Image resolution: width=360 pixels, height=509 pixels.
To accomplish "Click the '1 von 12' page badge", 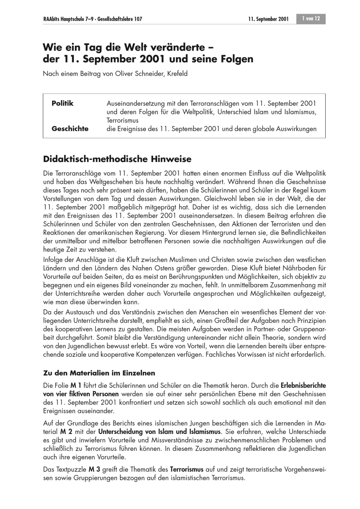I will coord(311,19).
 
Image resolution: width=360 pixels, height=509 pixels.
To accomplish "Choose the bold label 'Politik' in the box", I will coord(62,103).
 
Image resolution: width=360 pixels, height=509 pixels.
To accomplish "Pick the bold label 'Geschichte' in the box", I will coord(70,129).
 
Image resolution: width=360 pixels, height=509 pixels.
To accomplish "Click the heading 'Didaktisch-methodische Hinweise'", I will coord(117,159).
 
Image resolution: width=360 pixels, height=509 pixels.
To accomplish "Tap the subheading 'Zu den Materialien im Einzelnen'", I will coord(99,373).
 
